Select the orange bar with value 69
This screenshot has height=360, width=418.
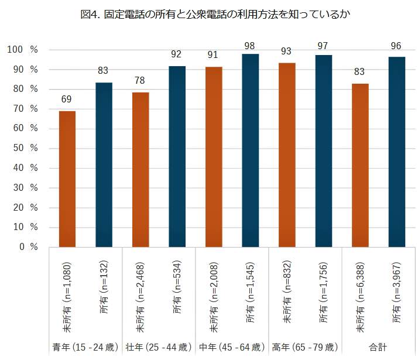pos(67,179)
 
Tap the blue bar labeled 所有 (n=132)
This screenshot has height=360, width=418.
pos(104,164)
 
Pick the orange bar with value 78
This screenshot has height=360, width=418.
pos(141,170)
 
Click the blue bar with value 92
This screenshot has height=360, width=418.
pos(177,156)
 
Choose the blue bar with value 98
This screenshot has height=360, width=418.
pos(251,150)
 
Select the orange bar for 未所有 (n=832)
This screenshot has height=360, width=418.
pos(287,155)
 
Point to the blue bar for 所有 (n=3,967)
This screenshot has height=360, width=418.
pos(397,152)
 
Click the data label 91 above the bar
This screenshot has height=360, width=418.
pos(214,56)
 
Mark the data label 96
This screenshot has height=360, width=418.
pos(397,46)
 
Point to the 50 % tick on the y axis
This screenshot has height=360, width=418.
pos(22,148)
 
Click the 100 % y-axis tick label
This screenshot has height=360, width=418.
pos(22,50)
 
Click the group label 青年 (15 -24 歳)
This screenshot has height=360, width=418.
pos(85,347)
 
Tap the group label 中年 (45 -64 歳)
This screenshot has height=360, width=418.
pos(232,347)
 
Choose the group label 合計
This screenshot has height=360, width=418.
pos(378,347)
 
